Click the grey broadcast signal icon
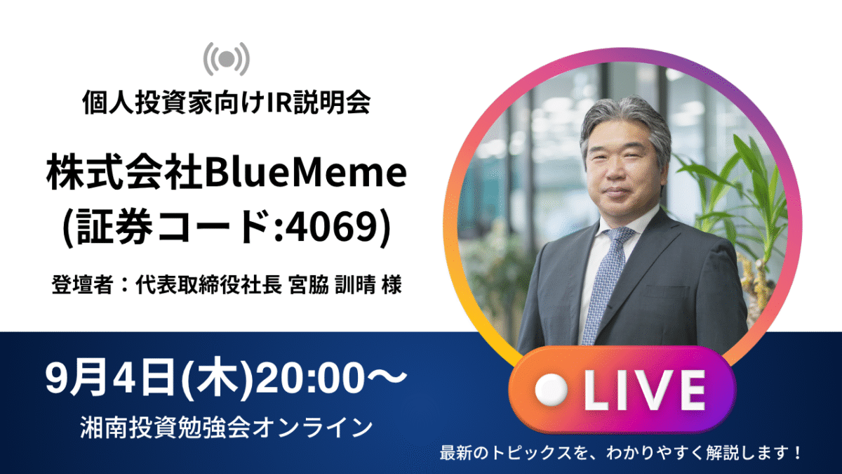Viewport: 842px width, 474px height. tap(226, 59)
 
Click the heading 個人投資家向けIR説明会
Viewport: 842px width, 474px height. tap(227, 102)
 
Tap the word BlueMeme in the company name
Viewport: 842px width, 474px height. tap(306, 172)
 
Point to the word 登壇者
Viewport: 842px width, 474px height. tap(82, 284)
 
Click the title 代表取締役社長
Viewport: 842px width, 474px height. tap(208, 284)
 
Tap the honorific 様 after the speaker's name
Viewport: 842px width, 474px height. tap(392, 284)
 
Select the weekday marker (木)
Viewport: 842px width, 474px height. tap(217, 378)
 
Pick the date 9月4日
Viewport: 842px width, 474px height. tap(112, 378)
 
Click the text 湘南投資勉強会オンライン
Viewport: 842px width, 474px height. tap(226, 428)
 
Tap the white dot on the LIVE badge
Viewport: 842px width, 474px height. tap(551, 390)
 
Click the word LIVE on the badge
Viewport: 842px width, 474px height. tap(645, 390)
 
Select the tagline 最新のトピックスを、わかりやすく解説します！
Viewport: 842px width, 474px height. tap(620, 452)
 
